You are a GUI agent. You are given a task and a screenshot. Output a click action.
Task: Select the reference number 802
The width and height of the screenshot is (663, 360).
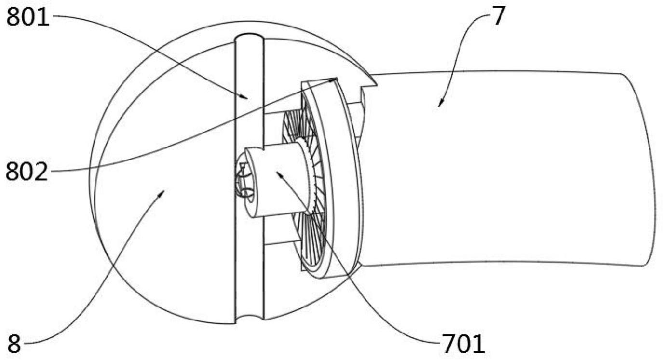pyautogui.click(x=27, y=171)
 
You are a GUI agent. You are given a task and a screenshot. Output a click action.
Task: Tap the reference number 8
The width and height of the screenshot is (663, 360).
pyautogui.click(x=14, y=344)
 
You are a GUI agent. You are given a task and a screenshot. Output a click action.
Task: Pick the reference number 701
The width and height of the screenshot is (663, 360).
pyautogui.click(x=462, y=344)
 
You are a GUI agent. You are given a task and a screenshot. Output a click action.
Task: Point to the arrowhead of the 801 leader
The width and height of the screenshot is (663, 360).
pyautogui.click(x=247, y=98)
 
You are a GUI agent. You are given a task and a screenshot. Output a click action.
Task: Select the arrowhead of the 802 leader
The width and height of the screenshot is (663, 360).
pyautogui.click(x=336, y=78)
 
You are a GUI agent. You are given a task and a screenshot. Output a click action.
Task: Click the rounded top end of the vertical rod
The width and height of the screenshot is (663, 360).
pyautogui.click(x=249, y=37)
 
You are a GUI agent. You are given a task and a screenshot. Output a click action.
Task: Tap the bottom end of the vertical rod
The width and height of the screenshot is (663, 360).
pyautogui.click(x=250, y=320)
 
